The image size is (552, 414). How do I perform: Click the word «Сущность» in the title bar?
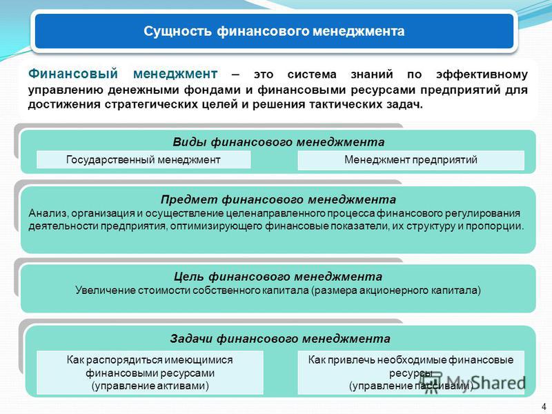click(x=177, y=31)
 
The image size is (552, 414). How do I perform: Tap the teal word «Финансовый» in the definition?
click(x=73, y=74)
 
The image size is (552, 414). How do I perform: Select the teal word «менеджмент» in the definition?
click(x=175, y=74)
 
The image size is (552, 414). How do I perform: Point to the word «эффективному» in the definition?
click(x=482, y=75)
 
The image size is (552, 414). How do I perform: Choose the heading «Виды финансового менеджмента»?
click(x=279, y=142)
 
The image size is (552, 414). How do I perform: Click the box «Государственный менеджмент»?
click(x=144, y=160)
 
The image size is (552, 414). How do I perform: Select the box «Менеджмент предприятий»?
click(x=411, y=160)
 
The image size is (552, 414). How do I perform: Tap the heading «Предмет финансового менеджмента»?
click(x=279, y=199)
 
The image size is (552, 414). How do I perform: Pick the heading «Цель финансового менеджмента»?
click(x=278, y=277)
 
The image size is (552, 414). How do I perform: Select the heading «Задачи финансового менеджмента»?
click(x=280, y=339)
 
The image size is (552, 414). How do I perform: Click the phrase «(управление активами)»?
click(x=150, y=386)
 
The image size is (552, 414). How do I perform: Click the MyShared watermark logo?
click(x=475, y=383)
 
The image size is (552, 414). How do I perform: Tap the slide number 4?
click(x=544, y=406)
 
